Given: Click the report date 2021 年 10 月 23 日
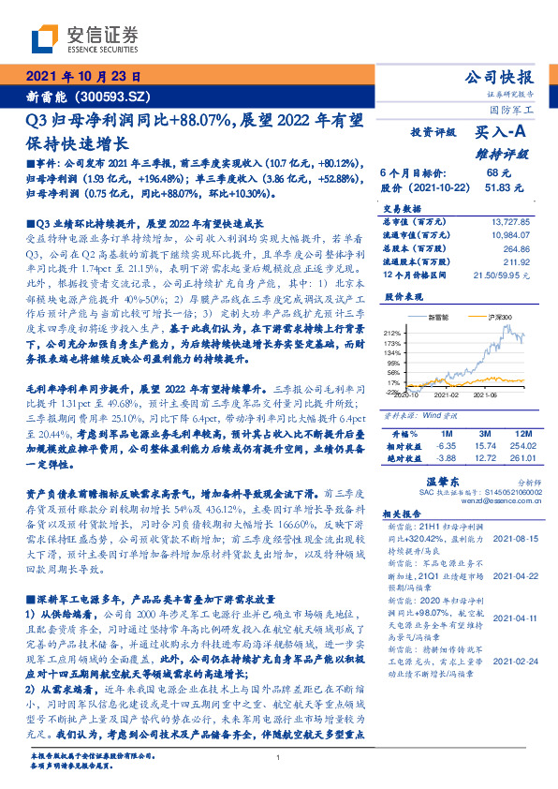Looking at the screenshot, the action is point(82,78).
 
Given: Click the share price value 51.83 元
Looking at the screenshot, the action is point(504,188).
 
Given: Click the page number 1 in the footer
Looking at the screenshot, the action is point(279,758).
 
